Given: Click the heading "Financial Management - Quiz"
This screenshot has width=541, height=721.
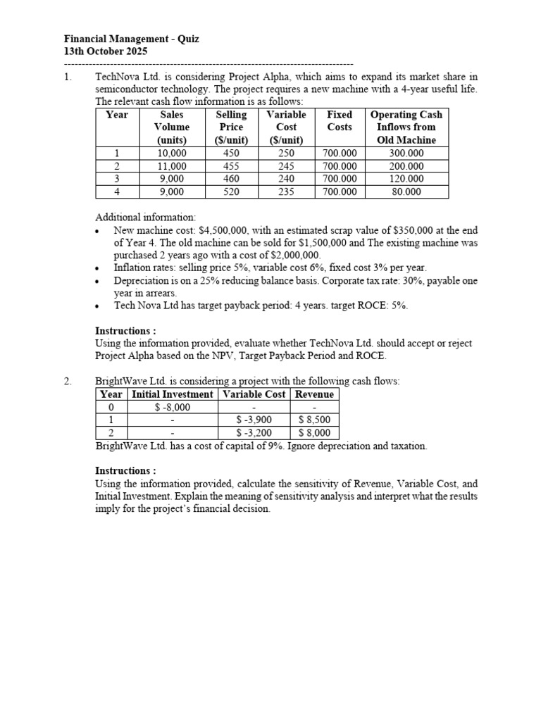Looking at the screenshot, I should (132, 39).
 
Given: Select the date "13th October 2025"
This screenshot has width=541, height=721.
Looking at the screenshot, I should (106, 51).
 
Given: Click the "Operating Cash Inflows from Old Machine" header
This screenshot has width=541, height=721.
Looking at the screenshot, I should (406, 127).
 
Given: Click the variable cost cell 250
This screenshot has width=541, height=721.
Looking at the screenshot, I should (286, 153).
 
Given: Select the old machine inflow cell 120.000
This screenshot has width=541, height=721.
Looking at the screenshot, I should (406, 179).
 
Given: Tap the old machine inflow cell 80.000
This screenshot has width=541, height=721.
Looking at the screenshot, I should (406, 192).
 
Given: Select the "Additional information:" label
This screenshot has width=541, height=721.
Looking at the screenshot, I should (146, 217).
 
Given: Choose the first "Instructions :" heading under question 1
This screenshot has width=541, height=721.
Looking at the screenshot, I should (125, 330).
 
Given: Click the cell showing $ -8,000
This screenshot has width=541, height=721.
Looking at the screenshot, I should (172, 407).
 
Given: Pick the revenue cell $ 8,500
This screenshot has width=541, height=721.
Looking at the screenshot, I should (314, 420).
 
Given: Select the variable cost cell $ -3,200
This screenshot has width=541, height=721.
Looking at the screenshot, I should (254, 433).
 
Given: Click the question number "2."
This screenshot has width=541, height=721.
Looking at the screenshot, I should (68, 381).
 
